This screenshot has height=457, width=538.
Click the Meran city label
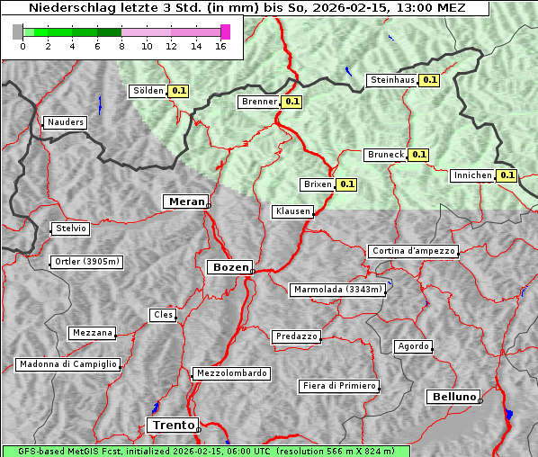pos(185,202)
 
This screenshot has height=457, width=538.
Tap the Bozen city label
pos(229,267)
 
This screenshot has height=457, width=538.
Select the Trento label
pos(172,425)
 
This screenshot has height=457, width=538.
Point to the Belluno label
pos(453,396)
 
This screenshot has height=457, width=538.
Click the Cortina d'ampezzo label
pos(413,251)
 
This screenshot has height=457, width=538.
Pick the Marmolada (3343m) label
pos(338,290)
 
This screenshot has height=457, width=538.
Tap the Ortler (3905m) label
pos(86,263)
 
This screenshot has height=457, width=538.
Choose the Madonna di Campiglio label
pos(67,364)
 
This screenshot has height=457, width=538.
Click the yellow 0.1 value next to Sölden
pos(179,91)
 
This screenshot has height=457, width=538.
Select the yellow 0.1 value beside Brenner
pos(291,102)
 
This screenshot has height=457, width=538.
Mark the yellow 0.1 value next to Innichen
pos(507,175)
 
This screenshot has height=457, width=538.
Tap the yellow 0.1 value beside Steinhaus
pos(429,80)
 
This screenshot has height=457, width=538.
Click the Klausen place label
pos(291,211)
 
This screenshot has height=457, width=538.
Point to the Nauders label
pos(65,122)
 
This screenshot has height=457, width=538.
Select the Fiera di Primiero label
pos(339,386)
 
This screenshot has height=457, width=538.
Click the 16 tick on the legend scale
pos(220,46)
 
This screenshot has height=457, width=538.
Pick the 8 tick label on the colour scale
pos(121,46)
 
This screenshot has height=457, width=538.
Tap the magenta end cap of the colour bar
pos(225,31)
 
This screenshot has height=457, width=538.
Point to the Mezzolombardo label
pos(230,372)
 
